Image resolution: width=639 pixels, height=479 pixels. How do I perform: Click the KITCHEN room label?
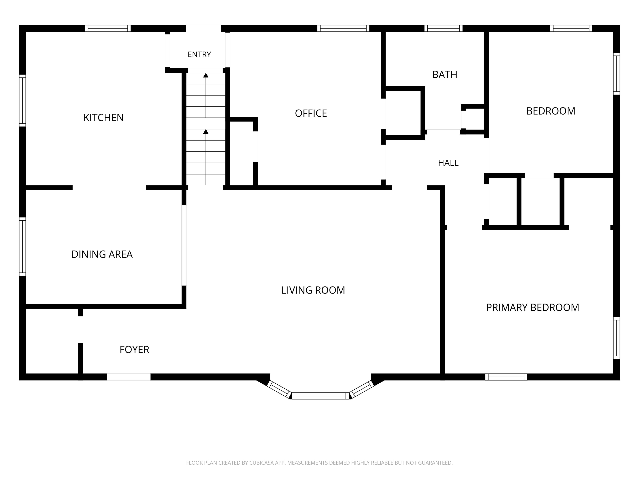tap(103, 117)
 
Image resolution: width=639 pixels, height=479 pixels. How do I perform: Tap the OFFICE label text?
tap(311, 113)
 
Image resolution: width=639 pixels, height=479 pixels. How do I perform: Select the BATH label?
tap(445, 74)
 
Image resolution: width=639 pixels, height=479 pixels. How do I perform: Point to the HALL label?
tap(448, 163)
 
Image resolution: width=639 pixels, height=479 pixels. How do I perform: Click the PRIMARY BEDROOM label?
tap(532, 307)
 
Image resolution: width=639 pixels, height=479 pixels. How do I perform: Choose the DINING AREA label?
tap(102, 254)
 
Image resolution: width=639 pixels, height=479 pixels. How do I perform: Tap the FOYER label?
tap(134, 350)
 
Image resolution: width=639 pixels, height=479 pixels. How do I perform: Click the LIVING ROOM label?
tap(313, 290)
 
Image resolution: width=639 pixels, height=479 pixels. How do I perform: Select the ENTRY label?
tap(199, 54)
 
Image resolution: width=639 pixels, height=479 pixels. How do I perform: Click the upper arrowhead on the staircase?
tap(206, 75)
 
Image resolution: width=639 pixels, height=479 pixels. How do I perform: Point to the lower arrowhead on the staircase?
tap(206, 132)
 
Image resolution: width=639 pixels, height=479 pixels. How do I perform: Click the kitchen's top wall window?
tap(108, 28)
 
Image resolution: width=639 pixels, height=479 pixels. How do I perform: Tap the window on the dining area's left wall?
tap(22, 246)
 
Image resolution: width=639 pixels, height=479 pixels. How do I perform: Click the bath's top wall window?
tap(443, 28)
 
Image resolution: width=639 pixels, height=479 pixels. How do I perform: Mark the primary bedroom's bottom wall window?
tap(506, 377)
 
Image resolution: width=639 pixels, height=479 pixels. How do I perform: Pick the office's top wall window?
tap(343, 28)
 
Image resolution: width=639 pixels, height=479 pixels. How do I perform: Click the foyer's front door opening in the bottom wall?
tap(129, 377)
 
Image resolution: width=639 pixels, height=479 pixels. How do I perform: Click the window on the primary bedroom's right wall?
tap(617, 338)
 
